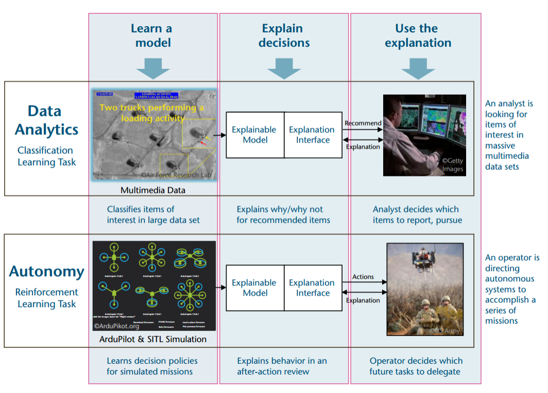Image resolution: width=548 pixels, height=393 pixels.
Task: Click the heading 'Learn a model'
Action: tap(152, 35)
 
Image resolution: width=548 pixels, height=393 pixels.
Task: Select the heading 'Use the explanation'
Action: tap(417, 35)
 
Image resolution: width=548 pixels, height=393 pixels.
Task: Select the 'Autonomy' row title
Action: tap(46, 271)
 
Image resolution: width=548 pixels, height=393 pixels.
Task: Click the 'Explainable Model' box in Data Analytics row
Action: tap(254, 135)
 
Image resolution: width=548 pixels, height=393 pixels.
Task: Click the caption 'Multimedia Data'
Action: tap(153, 190)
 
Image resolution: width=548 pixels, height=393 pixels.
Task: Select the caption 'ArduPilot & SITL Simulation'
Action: tap(153, 339)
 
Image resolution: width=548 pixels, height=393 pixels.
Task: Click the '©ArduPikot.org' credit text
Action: tap(116, 326)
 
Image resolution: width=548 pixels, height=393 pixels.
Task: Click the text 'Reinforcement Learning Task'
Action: tap(46, 298)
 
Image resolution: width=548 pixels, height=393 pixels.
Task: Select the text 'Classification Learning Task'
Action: tap(46, 156)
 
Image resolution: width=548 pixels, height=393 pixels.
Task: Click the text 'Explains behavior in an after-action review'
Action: tap(282, 366)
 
